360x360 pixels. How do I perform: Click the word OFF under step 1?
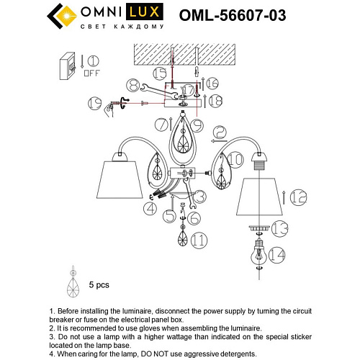(x=92, y=73)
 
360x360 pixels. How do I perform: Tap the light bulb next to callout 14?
(x=257, y=253)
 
